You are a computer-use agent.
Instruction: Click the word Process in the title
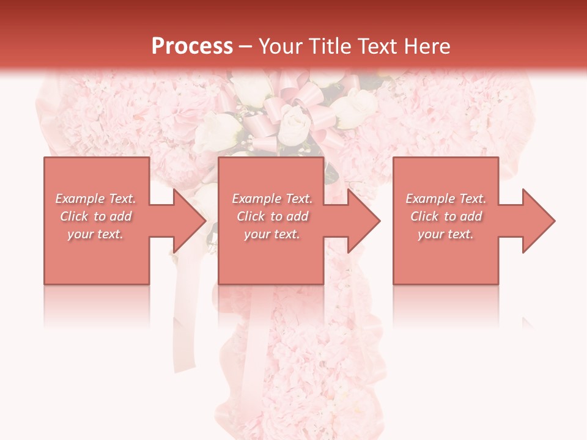click(x=192, y=46)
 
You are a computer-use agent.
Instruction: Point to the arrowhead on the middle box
click(x=363, y=221)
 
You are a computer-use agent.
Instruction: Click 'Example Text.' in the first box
click(x=95, y=199)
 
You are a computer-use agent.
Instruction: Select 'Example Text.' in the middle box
click(x=272, y=199)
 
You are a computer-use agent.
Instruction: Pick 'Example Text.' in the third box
click(x=446, y=199)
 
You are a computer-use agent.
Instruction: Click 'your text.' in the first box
click(x=95, y=234)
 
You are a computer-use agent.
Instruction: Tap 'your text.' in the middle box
click(x=272, y=234)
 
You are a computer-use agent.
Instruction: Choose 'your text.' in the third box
click(x=446, y=234)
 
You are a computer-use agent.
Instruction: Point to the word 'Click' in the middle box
click(x=251, y=216)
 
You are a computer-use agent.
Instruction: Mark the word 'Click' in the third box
click(x=424, y=216)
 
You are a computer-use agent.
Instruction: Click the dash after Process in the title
click(x=246, y=47)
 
